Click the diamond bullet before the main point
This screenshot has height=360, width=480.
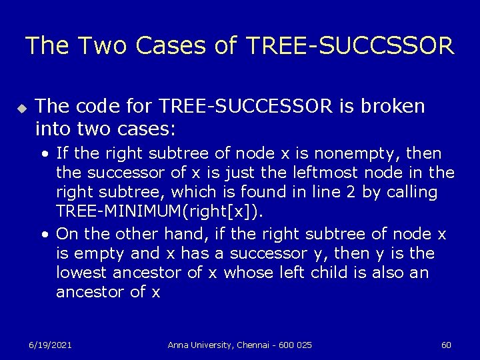21,107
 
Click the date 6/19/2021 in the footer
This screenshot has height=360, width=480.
50,345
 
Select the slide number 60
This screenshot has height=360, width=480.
447,345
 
